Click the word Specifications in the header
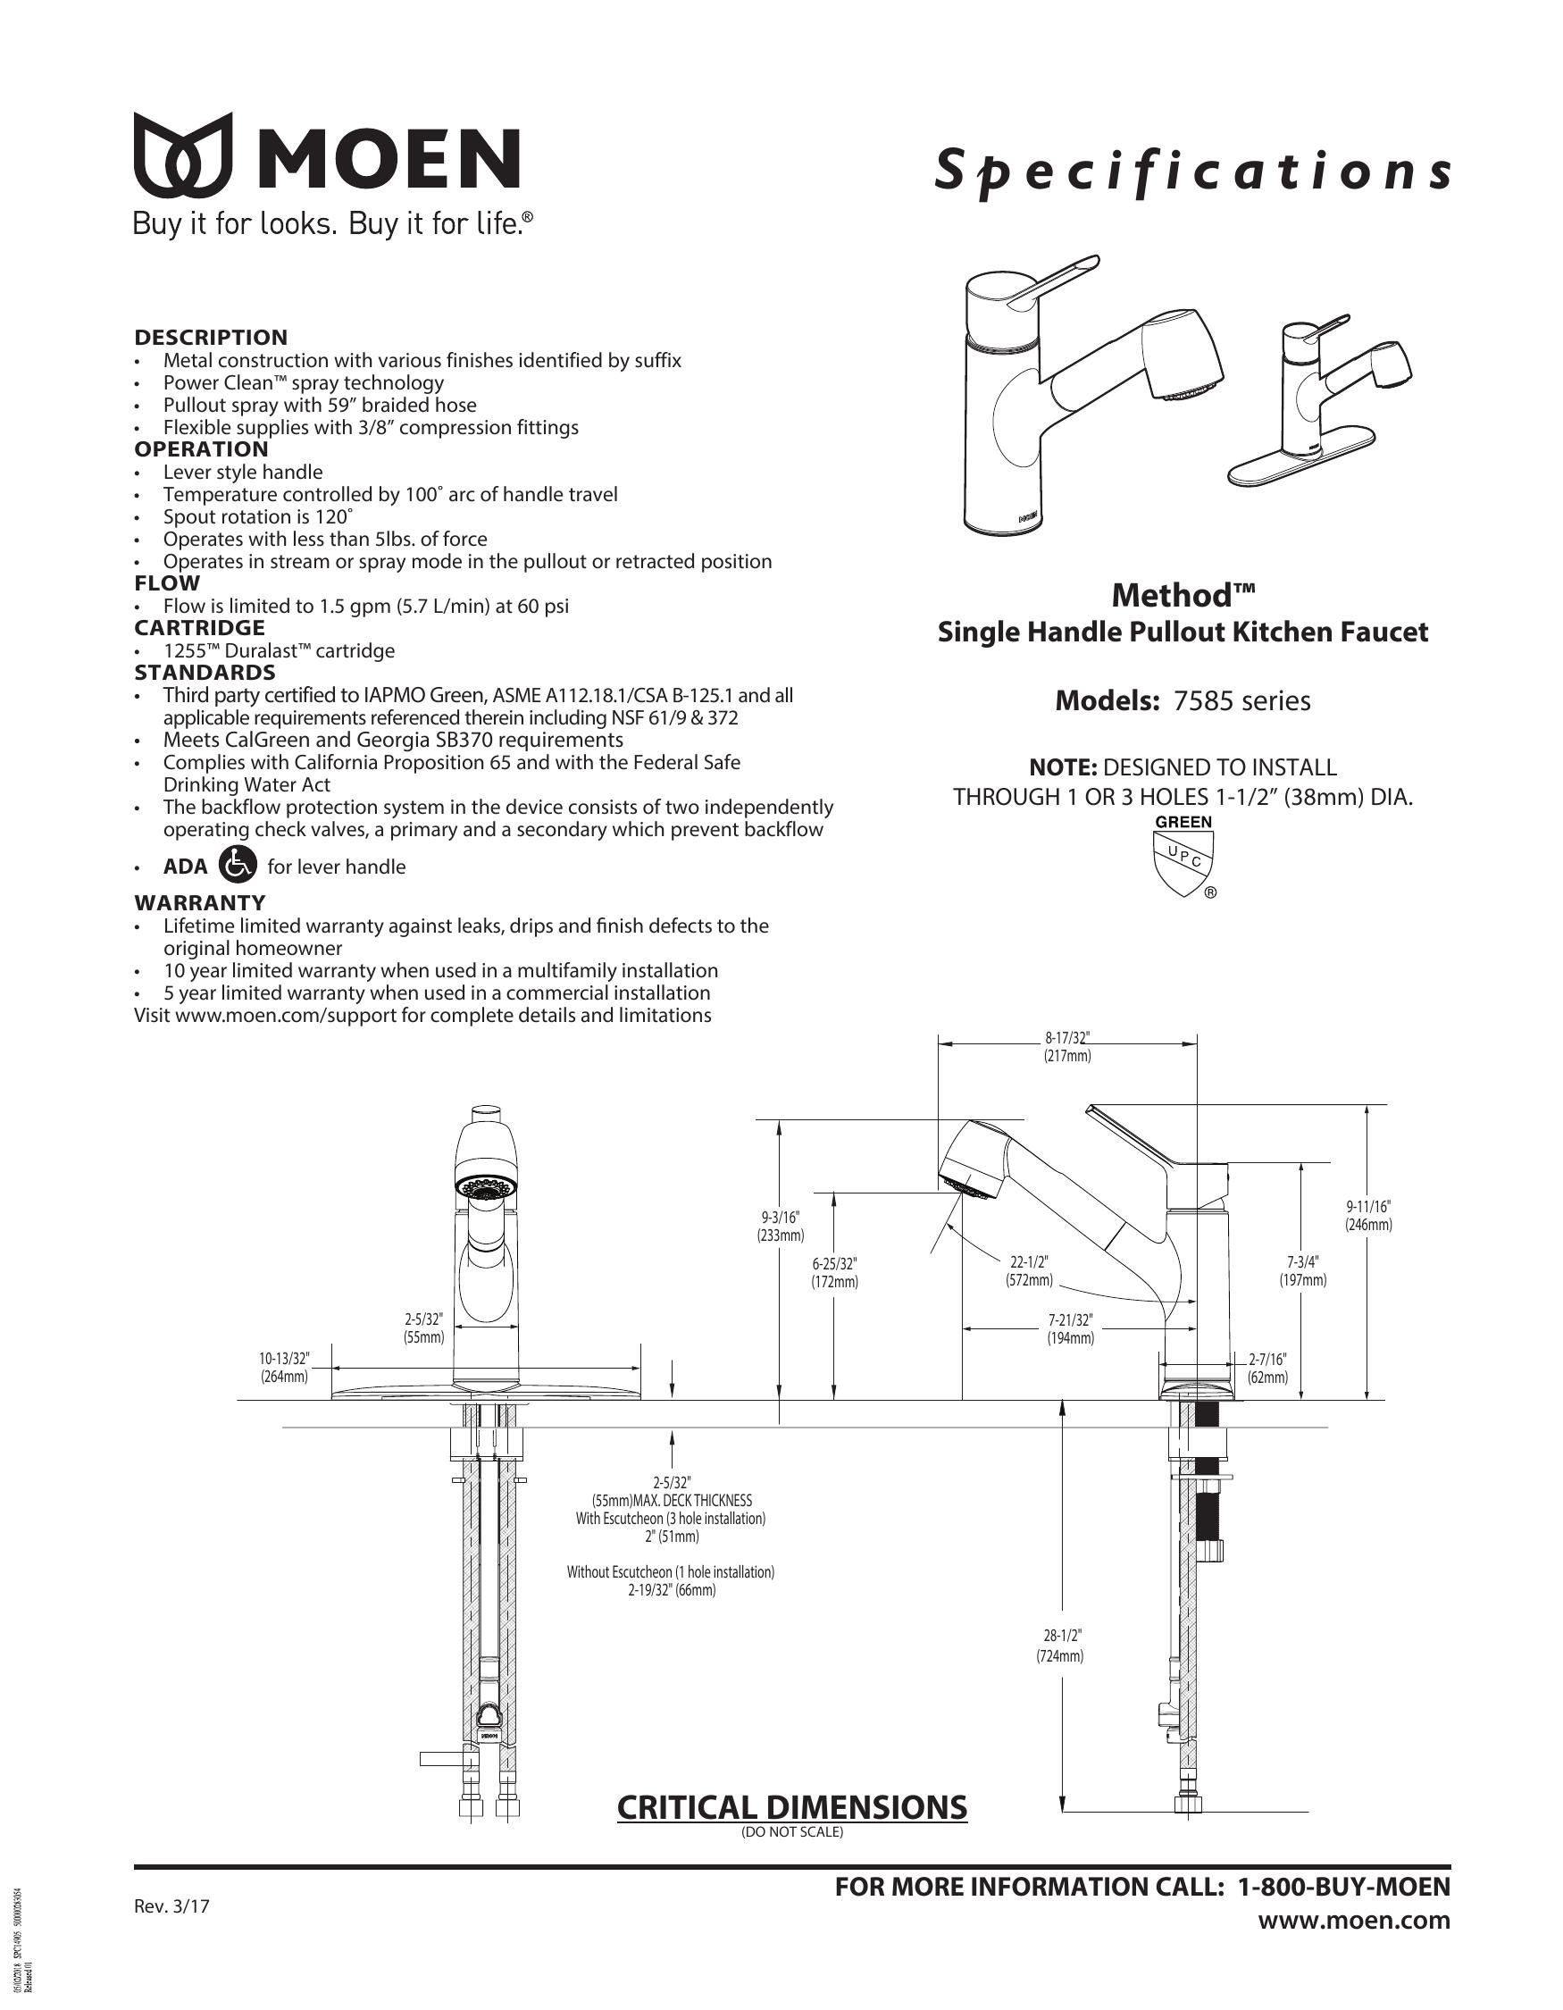[1192, 172]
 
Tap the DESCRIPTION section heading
[211, 337]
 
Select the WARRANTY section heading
[200, 902]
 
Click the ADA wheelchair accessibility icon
[238, 864]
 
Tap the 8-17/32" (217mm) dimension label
[1067, 1047]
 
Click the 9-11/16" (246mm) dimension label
[1368, 1216]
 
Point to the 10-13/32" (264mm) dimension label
[284, 1367]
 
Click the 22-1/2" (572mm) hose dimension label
[1030, 1271]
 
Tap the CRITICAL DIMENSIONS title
[792, 1806]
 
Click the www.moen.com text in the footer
[1354, 1921]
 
